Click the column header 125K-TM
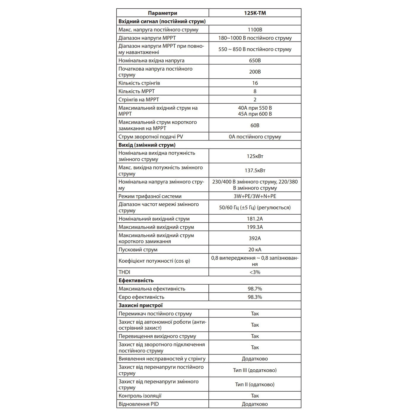(x=255, y=13)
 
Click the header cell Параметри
(x=162, y=13)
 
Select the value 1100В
(x=255, y=30)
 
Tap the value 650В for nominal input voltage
(x=255, y=60)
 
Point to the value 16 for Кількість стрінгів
(x=255, y=83)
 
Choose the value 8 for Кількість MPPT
(x=255, y=91)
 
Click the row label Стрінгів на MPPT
(x=139, y=100)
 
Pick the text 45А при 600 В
(x=255, y=114)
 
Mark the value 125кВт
(x=255, y=156)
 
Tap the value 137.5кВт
(x=255, y=170)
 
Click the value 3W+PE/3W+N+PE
(x=255, y=196)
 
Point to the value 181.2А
(x=255, y=219)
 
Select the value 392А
(x=255, y=238)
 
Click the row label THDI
(x=124, y=272)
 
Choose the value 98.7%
(x=255, y=289)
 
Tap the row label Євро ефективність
(x=141, y=297)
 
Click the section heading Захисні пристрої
(x=141, y=305)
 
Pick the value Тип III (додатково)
(x=255, y=370)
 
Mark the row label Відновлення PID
(x=139, y=404)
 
